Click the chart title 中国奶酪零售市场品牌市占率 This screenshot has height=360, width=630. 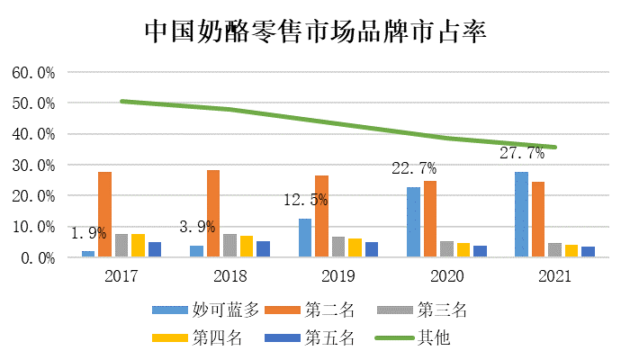(315, 33)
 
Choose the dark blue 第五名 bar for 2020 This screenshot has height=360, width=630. (480, 251)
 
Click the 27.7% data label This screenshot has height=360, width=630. (522, 154)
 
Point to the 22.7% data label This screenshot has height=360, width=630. (414, 168)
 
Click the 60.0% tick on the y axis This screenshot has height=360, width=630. (33, 72)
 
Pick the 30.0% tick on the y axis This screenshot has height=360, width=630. (33, 165)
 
